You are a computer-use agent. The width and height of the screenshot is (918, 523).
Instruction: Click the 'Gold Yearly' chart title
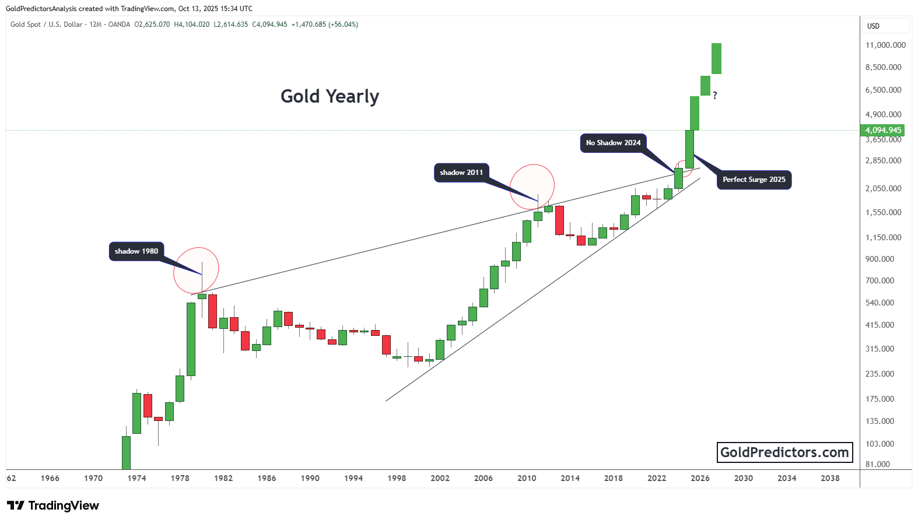coord(330,96)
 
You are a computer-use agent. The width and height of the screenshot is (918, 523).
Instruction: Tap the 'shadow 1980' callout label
coord(136,251)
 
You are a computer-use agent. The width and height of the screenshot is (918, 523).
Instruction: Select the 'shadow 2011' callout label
coord(461,173)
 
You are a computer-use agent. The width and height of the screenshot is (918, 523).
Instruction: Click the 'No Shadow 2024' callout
coord(613,143)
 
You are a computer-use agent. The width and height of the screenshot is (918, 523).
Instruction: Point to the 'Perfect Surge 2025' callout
coord(754,180)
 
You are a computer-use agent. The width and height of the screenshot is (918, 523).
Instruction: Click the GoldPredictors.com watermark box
coord(784,452)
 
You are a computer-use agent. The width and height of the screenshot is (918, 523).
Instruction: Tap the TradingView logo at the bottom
coord(53,506)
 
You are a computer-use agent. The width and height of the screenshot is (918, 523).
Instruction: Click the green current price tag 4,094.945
coord(883,131)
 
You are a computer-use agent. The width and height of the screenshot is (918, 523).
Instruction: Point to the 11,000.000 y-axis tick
coord(885,45)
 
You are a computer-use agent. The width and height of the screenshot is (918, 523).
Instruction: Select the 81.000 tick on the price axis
coord(878,464)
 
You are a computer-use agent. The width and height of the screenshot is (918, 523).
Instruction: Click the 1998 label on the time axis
coord(397,478)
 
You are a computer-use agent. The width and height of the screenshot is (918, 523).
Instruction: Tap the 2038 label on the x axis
coord(830,478)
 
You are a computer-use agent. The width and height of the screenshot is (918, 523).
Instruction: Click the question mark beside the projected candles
coord(715,96)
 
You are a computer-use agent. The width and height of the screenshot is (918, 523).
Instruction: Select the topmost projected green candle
coord(716,58)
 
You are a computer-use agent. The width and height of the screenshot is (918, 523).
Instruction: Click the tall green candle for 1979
coord(191,339)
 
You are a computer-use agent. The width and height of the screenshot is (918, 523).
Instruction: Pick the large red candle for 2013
coord(559,220)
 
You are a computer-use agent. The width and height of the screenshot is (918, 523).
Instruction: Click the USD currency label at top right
coord(873,26)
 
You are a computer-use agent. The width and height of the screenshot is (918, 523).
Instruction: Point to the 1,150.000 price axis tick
coord(883,237)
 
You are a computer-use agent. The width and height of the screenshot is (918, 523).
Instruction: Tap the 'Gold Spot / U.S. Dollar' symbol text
coord(47,24)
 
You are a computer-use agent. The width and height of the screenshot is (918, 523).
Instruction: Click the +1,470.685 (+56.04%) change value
coord(325,24)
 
